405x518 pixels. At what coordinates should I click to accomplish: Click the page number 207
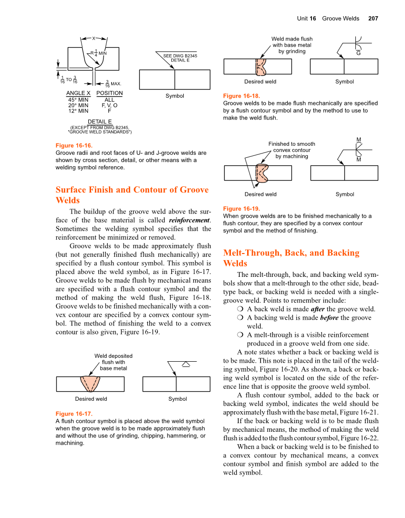click(373, 19)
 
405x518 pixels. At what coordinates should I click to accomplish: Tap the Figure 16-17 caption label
click(74, 414)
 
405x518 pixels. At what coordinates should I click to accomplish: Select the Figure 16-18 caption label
click(241, 96)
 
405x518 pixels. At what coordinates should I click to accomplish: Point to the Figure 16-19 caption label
click(241, 208)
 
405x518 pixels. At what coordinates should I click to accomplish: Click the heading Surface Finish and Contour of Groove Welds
click(132, 195)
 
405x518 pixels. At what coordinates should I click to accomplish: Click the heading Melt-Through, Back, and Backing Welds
click(291, 258)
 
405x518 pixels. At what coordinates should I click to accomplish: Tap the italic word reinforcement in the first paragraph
click(189, 221)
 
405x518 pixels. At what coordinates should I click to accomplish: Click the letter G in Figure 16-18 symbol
click(358, 53)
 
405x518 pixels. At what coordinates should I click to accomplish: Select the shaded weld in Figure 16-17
click(90, 384)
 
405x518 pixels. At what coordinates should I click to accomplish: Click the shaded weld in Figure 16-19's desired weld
click(261, 173)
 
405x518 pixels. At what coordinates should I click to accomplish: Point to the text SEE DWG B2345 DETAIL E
click(180, 58)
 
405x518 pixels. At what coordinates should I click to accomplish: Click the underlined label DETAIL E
click(99, 122)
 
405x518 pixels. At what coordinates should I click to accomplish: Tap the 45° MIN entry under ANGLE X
click(78, 100)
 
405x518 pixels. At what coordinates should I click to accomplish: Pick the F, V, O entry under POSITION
click(109, 105)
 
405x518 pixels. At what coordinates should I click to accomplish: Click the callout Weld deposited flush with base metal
click(114, 362)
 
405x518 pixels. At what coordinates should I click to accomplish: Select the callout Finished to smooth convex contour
click(291, 150)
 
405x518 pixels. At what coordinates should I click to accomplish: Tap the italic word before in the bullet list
click(329, 318)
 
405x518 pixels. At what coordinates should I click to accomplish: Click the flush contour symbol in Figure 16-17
click(186, 365)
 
